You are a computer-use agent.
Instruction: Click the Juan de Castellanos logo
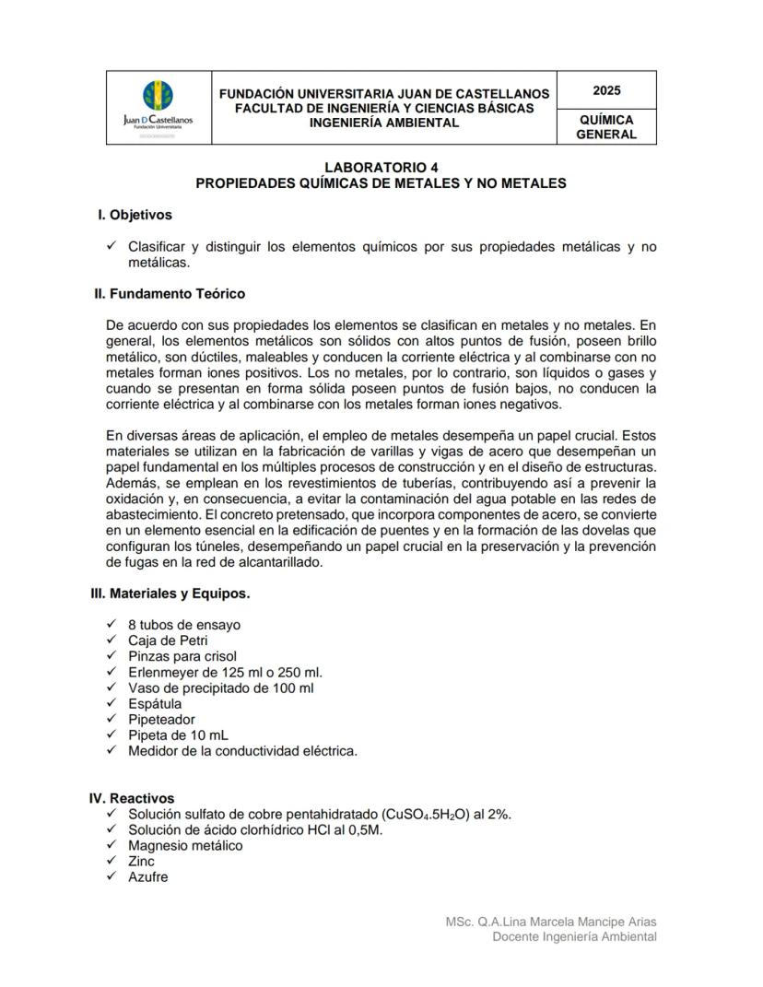coord(158,107)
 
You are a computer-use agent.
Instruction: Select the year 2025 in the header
coord(606,90)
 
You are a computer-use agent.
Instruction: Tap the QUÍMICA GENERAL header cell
coord(606,127)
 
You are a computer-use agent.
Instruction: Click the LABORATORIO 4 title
coord(381,167)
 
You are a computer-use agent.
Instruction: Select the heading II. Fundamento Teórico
coord(170,294)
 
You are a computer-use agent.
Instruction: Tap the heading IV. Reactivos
coord(132,798)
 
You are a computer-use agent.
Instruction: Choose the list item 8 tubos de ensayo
coord(184,625)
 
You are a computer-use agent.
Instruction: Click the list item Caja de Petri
coord(168,640)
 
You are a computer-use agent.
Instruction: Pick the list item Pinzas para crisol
coord(182,656)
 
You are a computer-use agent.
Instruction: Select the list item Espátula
coord(155,703)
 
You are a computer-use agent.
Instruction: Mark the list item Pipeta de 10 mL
coord(178,734)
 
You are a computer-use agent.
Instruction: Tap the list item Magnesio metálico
coord(185,845)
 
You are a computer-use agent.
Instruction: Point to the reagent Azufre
coord(148,876)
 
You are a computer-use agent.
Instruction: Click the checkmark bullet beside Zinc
coord(112,861)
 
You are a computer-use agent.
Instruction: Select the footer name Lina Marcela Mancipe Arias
coord(578,922)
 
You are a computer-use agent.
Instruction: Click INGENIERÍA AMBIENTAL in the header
coord(383,123)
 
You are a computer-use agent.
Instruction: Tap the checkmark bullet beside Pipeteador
coord(112,719)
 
